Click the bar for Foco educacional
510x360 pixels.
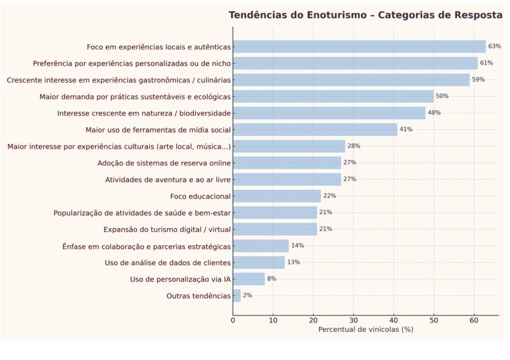coord(277,196)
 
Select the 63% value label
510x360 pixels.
coord(495,47)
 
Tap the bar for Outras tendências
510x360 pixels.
coord(237,296)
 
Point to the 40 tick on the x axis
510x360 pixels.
coord(393,320)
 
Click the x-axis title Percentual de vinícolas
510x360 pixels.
coord(365,329)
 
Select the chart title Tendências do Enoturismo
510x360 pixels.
coord(365,15)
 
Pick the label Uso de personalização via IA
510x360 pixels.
coord(180,279)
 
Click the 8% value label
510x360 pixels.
coord(272,279)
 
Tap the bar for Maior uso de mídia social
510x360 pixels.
coord(315,129)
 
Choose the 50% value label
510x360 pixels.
coord(442,96)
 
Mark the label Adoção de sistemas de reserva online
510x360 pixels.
coord(164,163)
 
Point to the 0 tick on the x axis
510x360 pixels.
coord(233,320)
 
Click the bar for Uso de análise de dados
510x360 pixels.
coord(259,263)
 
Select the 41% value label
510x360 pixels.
coord(406,129)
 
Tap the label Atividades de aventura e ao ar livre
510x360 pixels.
coord(168,180)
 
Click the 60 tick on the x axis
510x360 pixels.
coord(474,320)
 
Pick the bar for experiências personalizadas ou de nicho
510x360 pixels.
coord(355,63)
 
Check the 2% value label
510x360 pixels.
coord(247,296)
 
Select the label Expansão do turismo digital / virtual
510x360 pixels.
coord(167,229)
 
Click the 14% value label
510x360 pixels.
coord(297,246)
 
